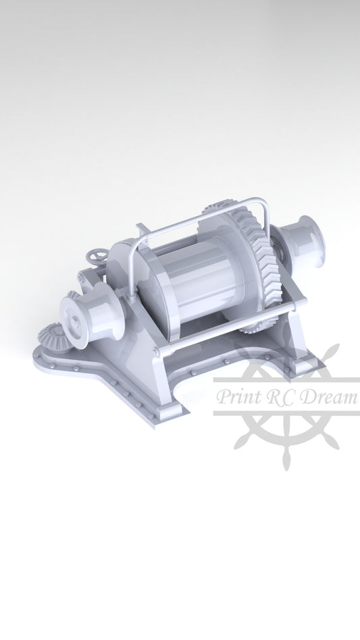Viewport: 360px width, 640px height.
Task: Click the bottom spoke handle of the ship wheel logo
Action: [286, 459]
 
